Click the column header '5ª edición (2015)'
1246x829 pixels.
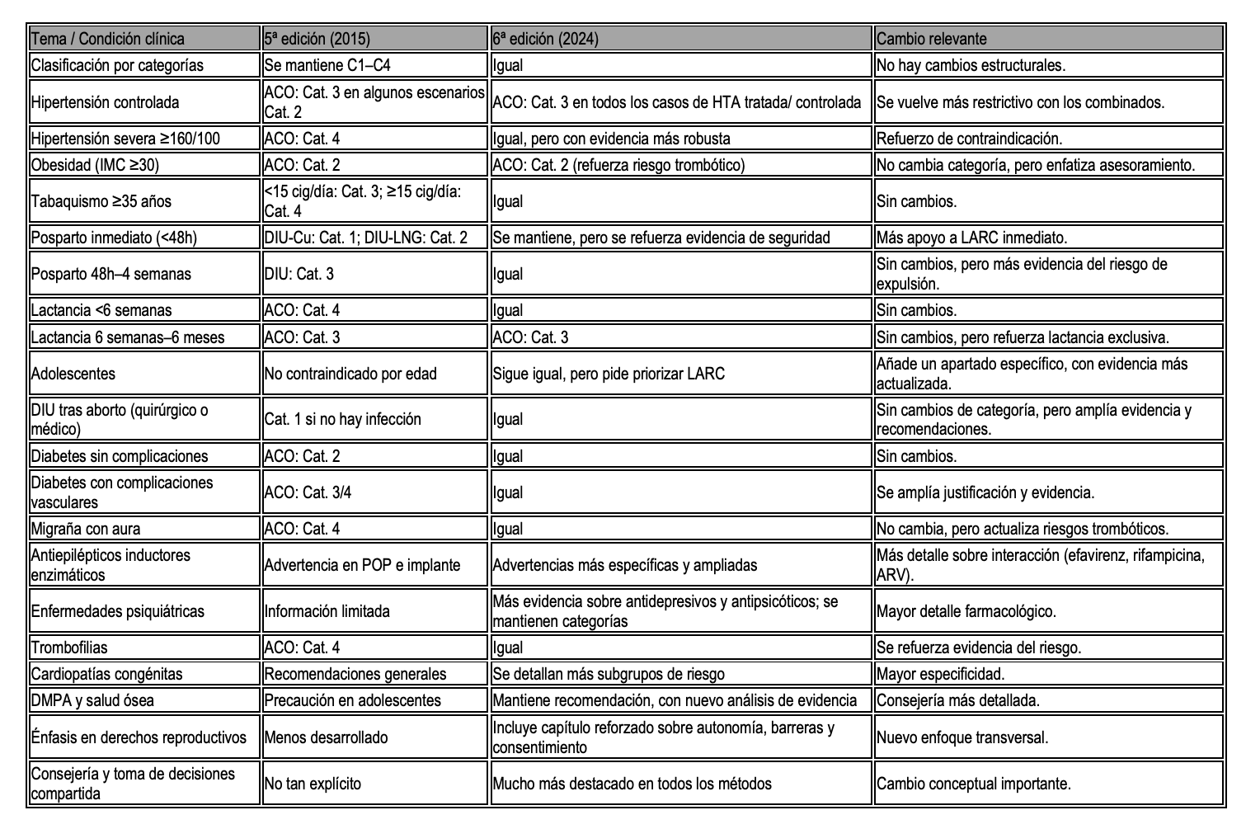point(317,39)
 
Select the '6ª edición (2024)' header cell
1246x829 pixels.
point(546,39)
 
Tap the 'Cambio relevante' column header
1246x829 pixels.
point(932,39)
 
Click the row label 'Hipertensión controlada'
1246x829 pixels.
point(105,102)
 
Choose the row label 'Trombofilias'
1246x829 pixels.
point(69,648)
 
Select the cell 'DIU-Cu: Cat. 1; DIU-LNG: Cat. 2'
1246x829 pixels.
point(366,238)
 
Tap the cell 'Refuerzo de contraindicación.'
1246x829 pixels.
point(970,139)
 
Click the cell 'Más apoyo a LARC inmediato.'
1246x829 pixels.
point(972,238)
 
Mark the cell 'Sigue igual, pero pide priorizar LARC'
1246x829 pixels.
point(609,374)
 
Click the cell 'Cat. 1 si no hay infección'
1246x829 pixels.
point(343,419)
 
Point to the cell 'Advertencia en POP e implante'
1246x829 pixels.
point(362,565)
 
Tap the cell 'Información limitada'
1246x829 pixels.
point(327,611)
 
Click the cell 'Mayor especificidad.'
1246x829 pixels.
point(941,674)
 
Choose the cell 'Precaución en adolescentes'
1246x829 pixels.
point(353,700)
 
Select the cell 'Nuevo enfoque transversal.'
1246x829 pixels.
point(962,737)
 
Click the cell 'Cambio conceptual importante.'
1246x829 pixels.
point(974,784)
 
